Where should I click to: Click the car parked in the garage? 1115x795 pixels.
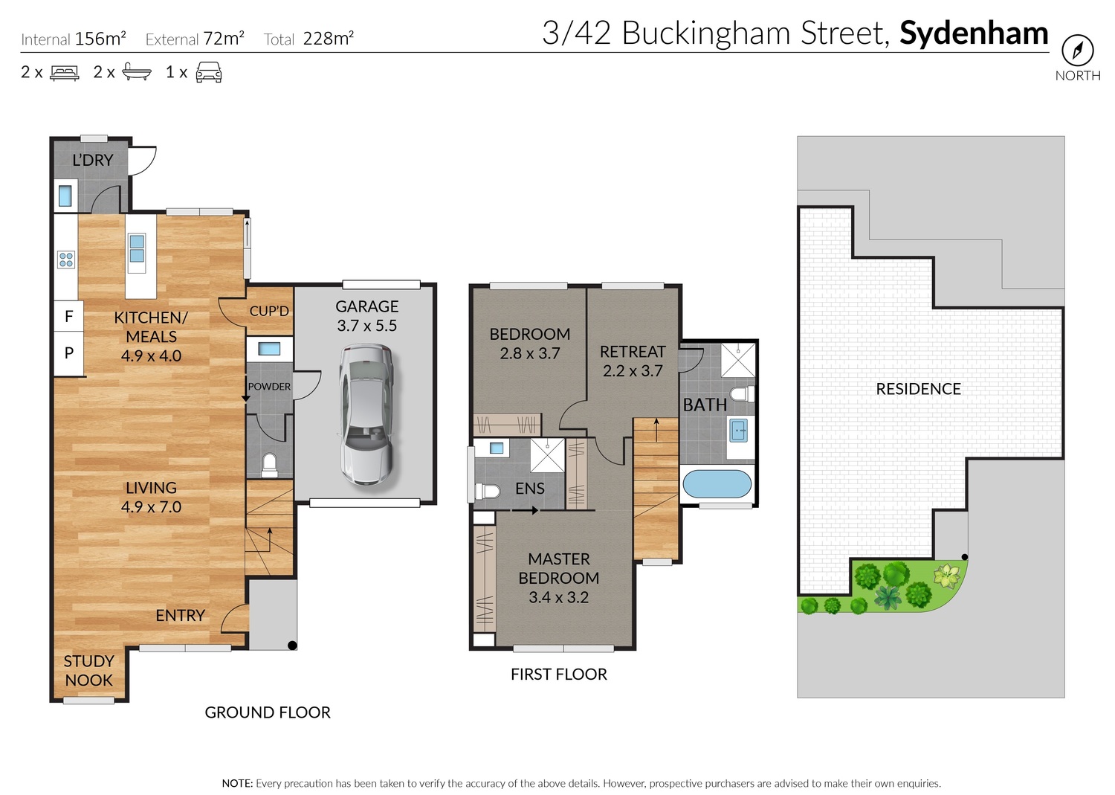[367, 414]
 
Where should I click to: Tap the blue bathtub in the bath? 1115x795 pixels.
[717, 483]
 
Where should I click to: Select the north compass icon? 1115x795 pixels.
[1078, 51]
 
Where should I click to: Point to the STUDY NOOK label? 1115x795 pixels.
[89, 671]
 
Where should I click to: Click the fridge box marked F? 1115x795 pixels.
[68, 316]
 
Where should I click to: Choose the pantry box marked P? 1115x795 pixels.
[68, 353]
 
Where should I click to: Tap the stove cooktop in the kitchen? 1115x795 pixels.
[66, 260]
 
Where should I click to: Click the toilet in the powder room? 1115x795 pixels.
[269, 464]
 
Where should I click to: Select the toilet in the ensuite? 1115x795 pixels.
[488, 492]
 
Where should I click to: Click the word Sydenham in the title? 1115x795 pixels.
[974, 33]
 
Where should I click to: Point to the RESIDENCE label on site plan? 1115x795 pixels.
[918, 389]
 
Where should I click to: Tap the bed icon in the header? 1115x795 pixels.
[65, 72]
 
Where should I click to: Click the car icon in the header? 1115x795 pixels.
[209, 71]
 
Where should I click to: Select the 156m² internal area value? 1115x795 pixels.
[100, 39]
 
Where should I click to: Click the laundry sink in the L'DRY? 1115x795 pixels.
[65, 196]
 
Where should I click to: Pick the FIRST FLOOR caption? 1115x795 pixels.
[558, 674]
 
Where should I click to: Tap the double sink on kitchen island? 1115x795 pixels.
[137, 248]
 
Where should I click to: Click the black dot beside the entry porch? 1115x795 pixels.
[292, 646]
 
